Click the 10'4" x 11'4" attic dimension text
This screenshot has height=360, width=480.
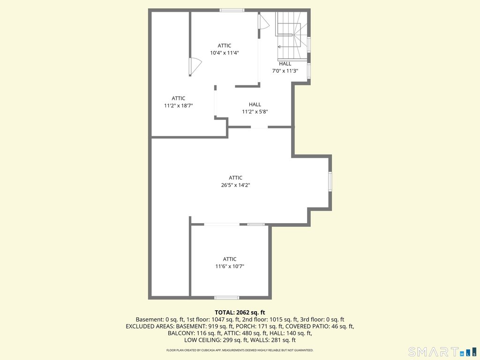point(225,52)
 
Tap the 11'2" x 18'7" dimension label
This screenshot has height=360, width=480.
point(179,105)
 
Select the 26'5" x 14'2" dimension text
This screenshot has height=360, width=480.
point(236,185)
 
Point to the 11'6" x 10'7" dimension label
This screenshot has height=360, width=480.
point(230,266)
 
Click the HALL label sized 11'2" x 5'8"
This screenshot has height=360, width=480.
point(255,105)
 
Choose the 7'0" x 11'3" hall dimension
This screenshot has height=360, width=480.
point(285,71)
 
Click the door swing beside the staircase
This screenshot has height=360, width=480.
point(263,22)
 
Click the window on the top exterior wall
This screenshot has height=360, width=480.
point(232,10)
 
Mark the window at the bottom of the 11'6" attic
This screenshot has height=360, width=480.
point(226,298)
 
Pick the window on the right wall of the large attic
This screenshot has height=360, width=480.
point(330,181)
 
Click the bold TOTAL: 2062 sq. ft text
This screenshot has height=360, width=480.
point(240,313)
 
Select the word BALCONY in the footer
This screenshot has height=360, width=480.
point(179,333)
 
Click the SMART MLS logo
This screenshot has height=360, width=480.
point(442,352)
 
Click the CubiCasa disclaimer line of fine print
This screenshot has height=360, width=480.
point(240,350)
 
